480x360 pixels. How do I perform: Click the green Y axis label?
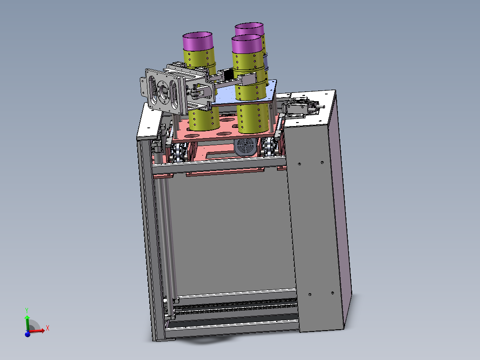27,311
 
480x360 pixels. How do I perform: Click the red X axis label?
48,328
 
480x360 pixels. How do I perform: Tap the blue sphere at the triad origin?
28,334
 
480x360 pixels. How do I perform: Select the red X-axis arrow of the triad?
37,331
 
